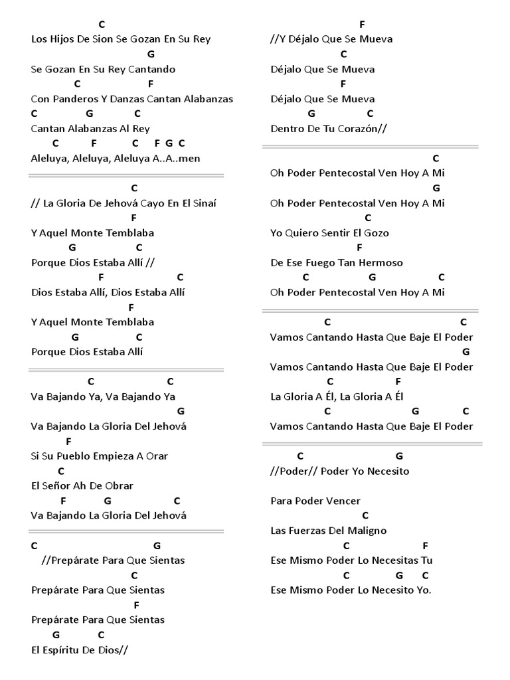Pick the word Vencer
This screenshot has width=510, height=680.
point(343,501)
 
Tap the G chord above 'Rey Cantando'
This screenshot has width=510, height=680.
point(151,54)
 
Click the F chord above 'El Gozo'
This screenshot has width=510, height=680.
point(359,248)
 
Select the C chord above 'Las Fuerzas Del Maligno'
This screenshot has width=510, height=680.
point(365,515)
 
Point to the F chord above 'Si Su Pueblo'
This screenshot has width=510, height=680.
point(68,441)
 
